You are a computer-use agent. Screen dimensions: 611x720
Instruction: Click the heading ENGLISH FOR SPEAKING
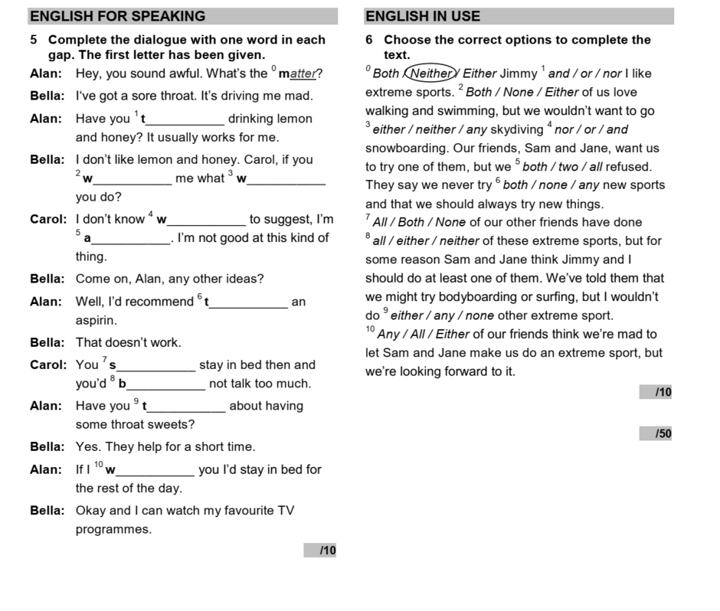[x=117, y=16]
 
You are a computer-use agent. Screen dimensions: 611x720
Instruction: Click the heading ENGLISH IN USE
[x=423, y=16]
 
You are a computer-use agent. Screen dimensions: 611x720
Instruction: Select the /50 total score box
[x=656, y=434]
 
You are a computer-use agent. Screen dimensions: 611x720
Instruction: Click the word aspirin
[x=96, y=320]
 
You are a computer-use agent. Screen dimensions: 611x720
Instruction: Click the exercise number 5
[x=34, y=40]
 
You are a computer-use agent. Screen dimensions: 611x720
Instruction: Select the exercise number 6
[x=370, y=40]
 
